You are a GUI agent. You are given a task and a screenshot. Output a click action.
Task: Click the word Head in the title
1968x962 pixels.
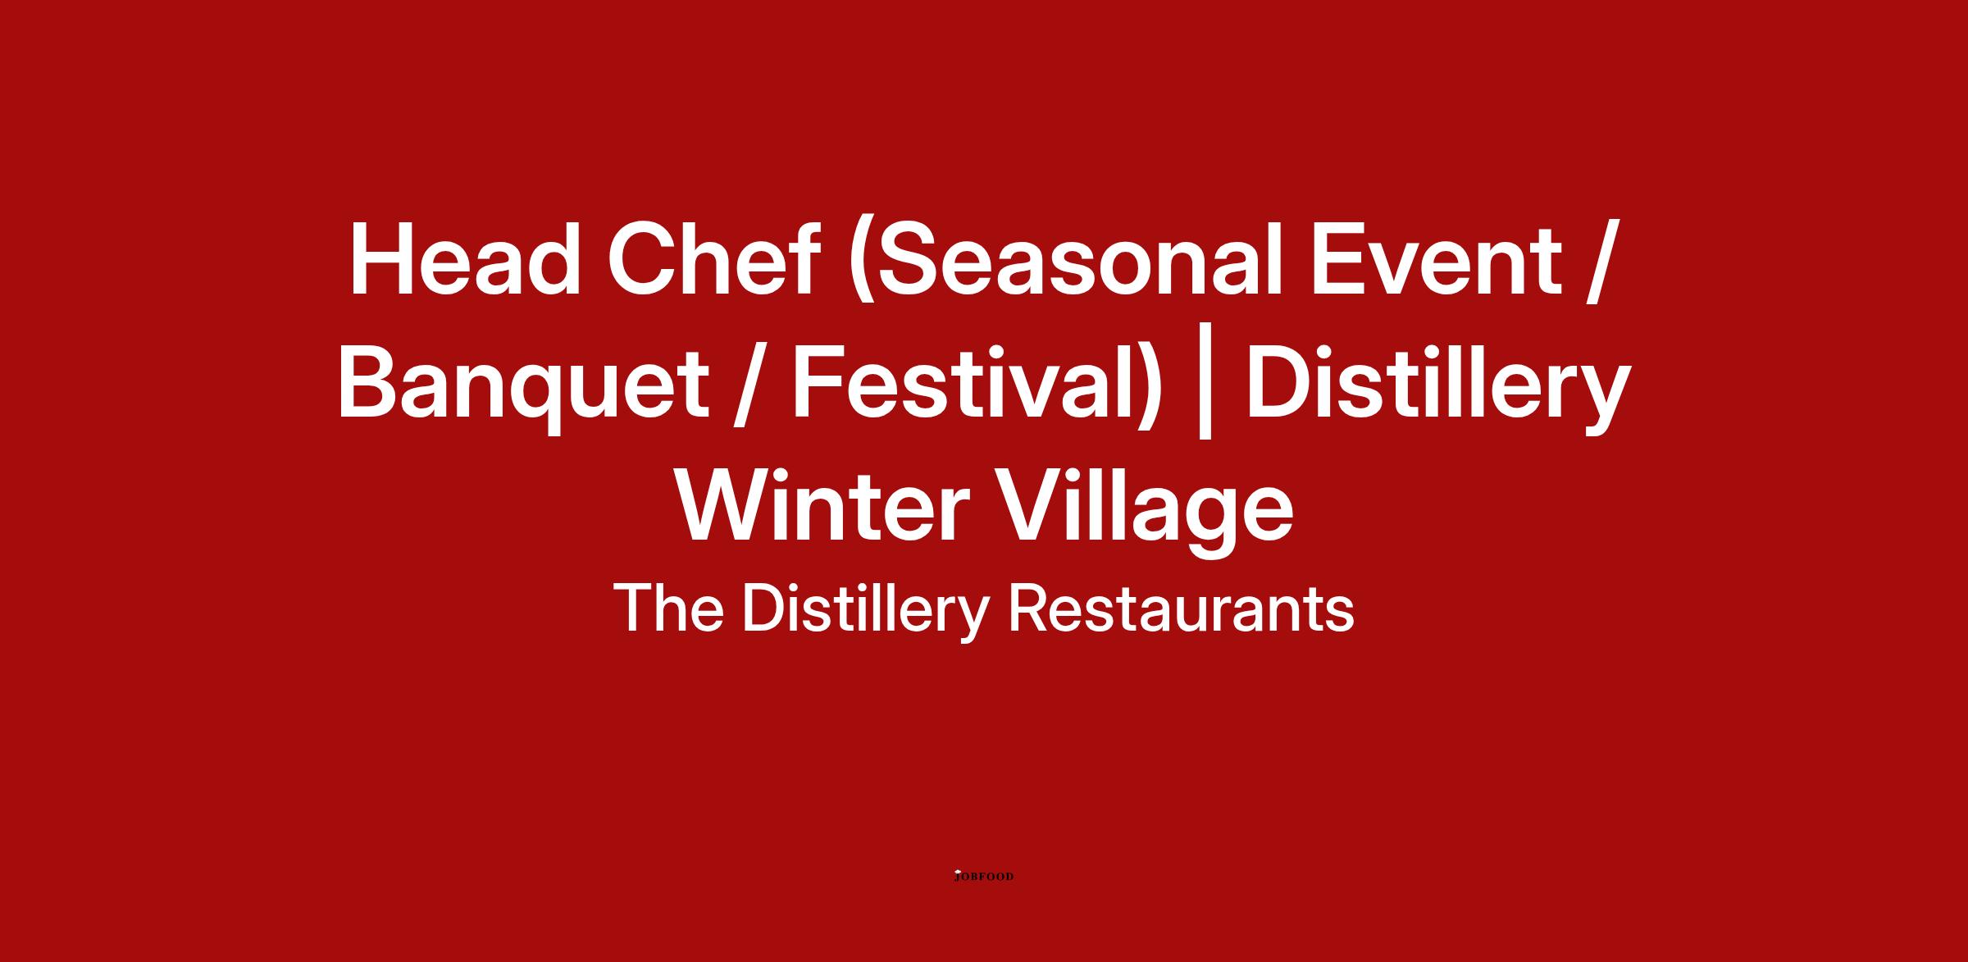tap(465, 259)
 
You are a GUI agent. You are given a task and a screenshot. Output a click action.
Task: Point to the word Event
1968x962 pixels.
tap(1435, 259)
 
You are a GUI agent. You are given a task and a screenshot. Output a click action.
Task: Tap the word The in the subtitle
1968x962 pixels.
tap(667, 609)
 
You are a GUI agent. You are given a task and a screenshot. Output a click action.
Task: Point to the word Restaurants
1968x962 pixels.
tap(1181, 610)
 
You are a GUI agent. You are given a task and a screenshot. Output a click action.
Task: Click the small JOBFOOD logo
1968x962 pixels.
tap(984, 876)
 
